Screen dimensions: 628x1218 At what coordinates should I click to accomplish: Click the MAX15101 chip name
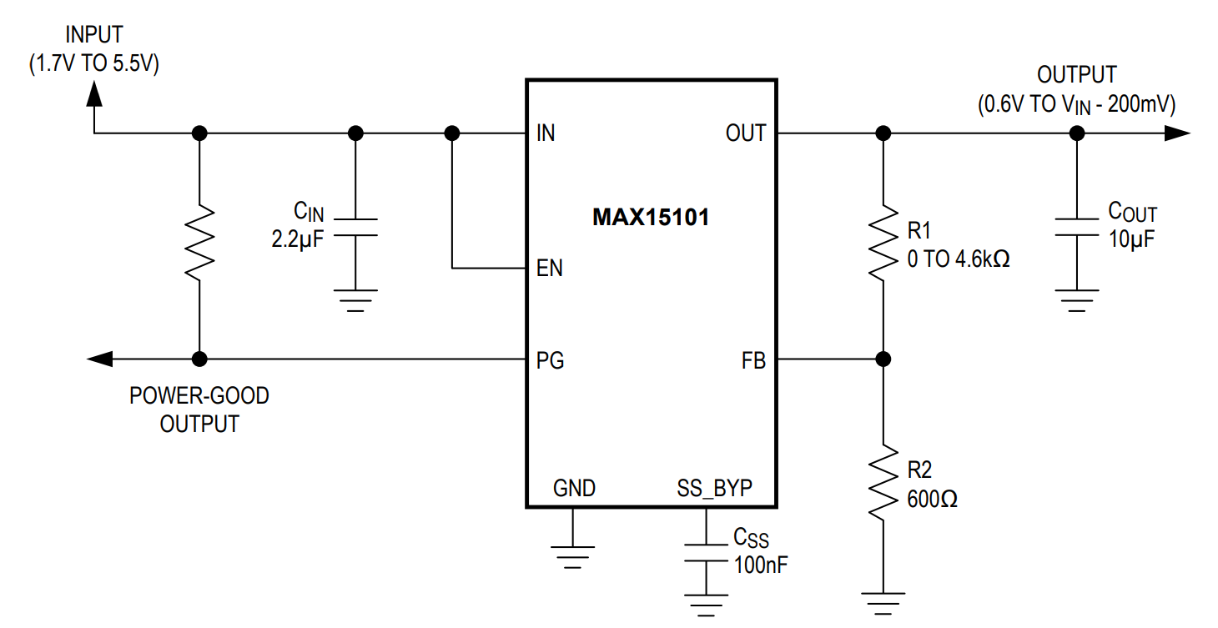click(651, 219)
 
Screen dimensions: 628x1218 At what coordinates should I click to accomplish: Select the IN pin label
click(546, 133)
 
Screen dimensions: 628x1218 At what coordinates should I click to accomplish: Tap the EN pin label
click(549, 269)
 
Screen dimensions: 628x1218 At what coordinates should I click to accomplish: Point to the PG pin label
click(549, 360)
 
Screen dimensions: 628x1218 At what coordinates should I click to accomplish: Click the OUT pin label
click(745, 133)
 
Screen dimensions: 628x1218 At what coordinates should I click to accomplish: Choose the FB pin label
click(752, 360)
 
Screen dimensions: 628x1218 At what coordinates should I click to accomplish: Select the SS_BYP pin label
click(715, 488)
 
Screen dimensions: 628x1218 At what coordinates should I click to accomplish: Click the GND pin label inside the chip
click(574, 488)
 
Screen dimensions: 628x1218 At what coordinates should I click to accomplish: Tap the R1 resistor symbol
click(883, 246)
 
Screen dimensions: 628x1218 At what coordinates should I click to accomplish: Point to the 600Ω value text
click(932, 500)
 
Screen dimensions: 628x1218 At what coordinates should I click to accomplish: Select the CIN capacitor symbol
click(355, 228)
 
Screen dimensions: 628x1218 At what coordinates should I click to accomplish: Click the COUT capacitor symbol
click(1077, 227)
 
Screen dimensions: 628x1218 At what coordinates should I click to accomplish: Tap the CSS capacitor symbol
click(706, 552)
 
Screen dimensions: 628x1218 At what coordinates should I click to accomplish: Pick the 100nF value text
click(761, 564)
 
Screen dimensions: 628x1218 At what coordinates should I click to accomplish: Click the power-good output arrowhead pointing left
click(100, 359)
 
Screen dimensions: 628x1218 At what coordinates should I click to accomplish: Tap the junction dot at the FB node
click(883, 359)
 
